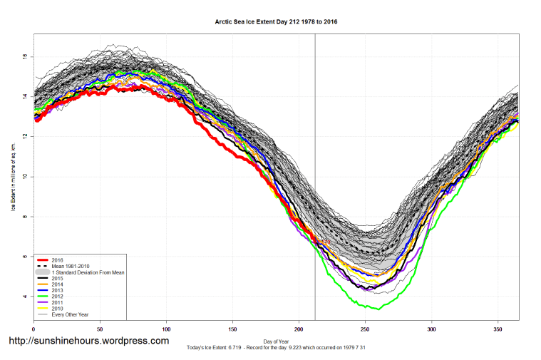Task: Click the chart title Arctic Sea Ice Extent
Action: pos(276,21)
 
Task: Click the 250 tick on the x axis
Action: pos(365,329)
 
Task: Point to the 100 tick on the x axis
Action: pos(166,329)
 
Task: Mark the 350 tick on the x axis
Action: pos(498,329)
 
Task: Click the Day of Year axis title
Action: pos(276,340)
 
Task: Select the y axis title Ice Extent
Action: pos(12,177)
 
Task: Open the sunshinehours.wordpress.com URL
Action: pos(88,341)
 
